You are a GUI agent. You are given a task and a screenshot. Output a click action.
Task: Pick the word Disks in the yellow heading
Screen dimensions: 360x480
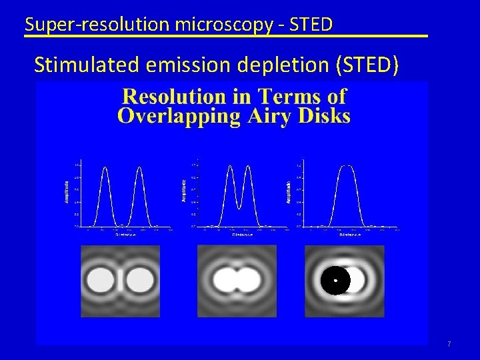322,116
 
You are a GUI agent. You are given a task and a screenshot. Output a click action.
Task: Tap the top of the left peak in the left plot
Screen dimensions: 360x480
104,167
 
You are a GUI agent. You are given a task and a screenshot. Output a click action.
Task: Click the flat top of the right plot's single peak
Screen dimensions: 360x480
346,165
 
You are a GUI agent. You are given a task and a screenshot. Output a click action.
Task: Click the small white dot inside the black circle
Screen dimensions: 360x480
335,281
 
